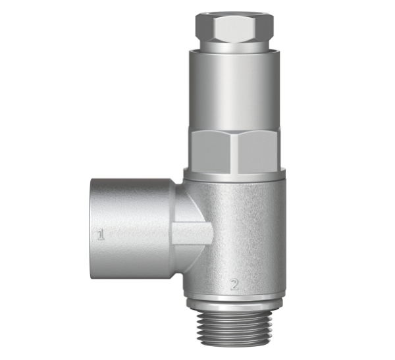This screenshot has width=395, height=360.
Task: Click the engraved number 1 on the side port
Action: point(101,235)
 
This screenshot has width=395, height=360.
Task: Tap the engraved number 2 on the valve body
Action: point(234,284)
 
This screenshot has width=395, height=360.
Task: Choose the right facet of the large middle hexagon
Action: point(259,150)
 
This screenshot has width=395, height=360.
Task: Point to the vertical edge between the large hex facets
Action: point(234,150)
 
